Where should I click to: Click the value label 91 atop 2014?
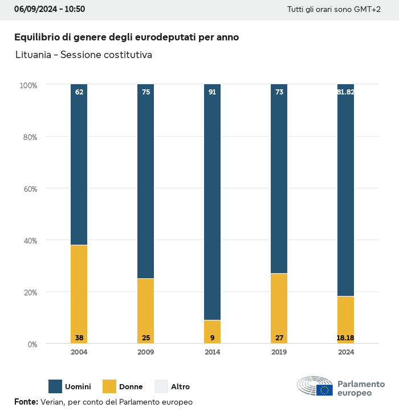coord(213,92)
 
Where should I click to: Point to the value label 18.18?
coord(346,338)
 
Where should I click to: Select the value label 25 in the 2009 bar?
coord(146,338)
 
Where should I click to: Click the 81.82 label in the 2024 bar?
coord(346,92)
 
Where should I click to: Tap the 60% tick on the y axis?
coord(29,188)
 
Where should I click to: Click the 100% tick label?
coord(28,85)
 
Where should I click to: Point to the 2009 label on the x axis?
coord(146,352)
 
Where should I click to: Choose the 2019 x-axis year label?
coord(279,352)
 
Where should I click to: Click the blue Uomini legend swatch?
coord(55,386)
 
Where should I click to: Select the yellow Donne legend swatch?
coord(109,386)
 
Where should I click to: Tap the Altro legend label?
coord(181,387)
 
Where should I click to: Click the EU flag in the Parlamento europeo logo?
coord(325,390)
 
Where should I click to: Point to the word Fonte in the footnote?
coord(26,402)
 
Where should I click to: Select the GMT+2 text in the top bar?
coord(365,10)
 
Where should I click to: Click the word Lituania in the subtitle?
coord(33,55)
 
